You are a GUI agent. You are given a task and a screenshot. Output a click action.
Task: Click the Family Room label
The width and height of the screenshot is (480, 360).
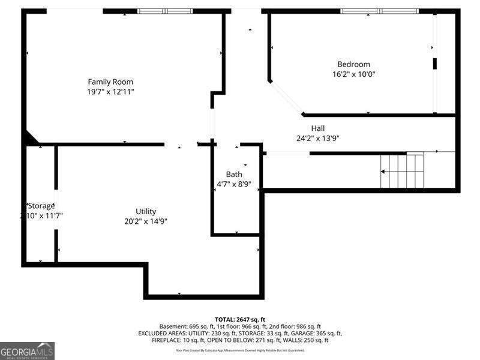point(110,82)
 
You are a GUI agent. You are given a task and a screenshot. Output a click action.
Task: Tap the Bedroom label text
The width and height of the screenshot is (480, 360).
point(353,64)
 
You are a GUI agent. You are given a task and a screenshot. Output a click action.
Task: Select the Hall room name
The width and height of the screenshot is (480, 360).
point(317,128)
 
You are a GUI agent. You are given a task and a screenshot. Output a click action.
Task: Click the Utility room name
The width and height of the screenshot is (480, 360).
point(146,211)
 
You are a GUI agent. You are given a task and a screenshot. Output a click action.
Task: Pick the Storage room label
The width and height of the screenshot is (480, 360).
point(41,206)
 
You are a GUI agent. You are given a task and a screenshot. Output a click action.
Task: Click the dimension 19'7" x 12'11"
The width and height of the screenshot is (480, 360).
point(110,92)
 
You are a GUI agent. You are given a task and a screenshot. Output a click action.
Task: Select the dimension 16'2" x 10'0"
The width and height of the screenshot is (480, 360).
point(353,74)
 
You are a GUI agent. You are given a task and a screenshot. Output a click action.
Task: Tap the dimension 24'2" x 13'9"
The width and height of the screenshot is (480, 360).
point(317,138)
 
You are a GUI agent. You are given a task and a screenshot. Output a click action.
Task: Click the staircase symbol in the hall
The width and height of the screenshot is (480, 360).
point(402,171)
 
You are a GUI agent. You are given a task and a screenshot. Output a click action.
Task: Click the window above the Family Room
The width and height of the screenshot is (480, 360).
point(165,11)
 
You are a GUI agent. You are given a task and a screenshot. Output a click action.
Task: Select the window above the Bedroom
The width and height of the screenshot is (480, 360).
point(379,11)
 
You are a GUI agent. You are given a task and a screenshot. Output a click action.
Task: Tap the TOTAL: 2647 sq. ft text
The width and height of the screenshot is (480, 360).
point(240,319)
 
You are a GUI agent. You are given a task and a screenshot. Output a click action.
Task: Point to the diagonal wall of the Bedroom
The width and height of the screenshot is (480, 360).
point(286,98)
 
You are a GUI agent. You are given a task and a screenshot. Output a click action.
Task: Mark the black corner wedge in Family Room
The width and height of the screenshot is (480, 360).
point(29,139)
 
